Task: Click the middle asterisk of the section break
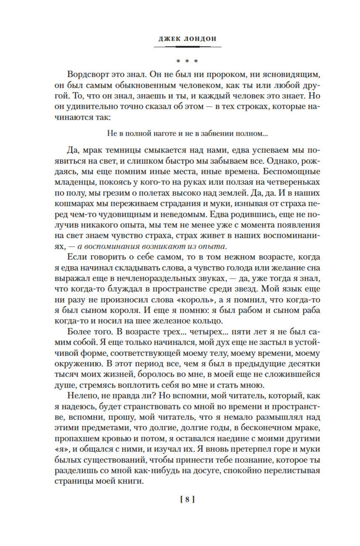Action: (x=187, y=61)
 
